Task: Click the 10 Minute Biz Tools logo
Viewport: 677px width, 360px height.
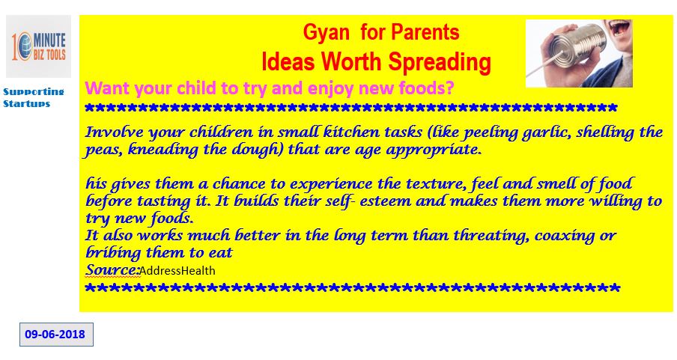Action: (38, 46)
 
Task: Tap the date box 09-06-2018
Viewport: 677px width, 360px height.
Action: (56, 334)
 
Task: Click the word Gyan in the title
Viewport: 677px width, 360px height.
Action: (326, 33)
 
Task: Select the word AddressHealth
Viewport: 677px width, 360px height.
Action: (177, 271)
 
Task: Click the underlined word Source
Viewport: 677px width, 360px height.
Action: (112, 269)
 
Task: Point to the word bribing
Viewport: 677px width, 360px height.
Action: (114, 253)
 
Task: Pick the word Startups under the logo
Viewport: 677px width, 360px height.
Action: (27, 104)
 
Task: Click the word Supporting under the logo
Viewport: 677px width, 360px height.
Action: (34, 92)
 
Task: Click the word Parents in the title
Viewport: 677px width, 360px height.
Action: (425, 33)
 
